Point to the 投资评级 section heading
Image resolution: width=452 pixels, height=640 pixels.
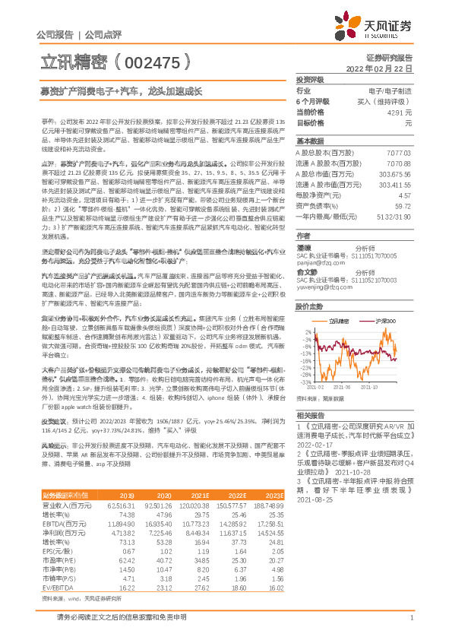pos(311,80)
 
